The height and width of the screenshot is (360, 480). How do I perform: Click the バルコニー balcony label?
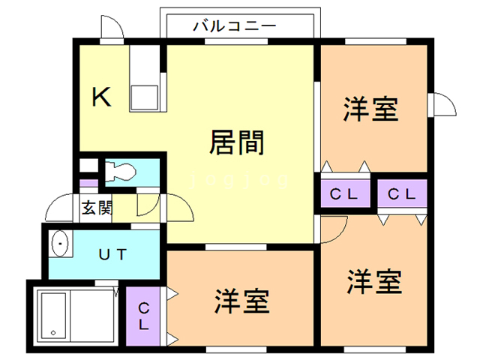coord(234,25)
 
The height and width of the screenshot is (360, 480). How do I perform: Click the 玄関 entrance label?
coord(97,207)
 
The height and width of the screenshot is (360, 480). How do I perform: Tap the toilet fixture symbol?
coord(119,172)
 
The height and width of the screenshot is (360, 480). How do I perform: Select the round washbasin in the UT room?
coord(60,244)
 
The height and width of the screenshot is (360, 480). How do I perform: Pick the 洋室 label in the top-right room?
coord(370,110)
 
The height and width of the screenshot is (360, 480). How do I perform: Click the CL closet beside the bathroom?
coord(143,317)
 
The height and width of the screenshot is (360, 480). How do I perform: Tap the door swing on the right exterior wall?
coord(442,103)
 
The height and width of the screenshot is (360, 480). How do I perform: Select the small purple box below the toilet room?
coord(88,183)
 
